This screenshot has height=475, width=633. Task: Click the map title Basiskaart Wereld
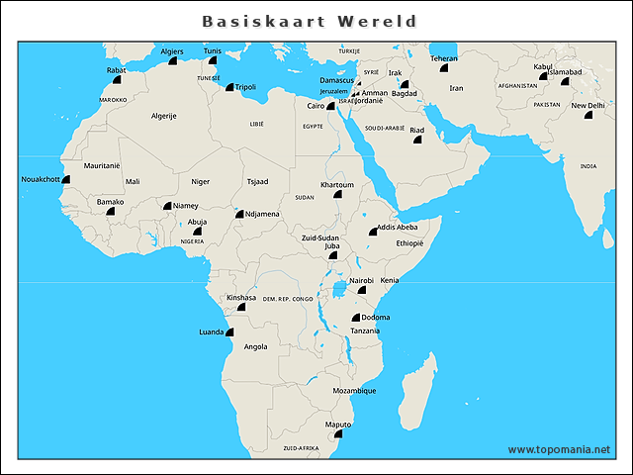pyautogui.click(x=309, y=21)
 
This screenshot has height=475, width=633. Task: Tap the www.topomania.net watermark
pyautogui.click(x=559, y=449)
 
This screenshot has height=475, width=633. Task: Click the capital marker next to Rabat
pyautogui.click(x=117, y=79)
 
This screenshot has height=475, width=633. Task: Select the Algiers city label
pyautogui.click(x=172, y=50)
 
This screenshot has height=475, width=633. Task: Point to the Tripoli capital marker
pyautogui.click(x=228, y=87)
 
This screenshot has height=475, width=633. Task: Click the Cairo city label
pyautogui.click(x=316, y=105)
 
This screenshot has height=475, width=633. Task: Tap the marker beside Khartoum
pyautogui.click(x=337, y=195)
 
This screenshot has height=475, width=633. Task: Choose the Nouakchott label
pyautogui.click(x=41, y=179)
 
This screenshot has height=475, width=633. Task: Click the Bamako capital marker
pyautogui.click(x=111, y=212)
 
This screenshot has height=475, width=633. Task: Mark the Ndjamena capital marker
pyautogui.click(x=238, y=214)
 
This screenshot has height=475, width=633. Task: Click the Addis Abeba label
pyautogui.click(x=398, y=227)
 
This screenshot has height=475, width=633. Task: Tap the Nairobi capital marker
pyautogui.click(x=362, y=290)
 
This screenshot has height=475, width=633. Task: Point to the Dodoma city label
pyautogui.click(x=376, y=317)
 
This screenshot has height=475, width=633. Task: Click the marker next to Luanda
pyautogui.click(x=230, y=333)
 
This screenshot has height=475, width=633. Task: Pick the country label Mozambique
pyautogui.click(x=353, y=391)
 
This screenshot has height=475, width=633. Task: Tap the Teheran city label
pyautogui.click(x=443, y=57)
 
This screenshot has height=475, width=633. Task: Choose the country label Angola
pyautogui.click(x=255, y=347)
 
